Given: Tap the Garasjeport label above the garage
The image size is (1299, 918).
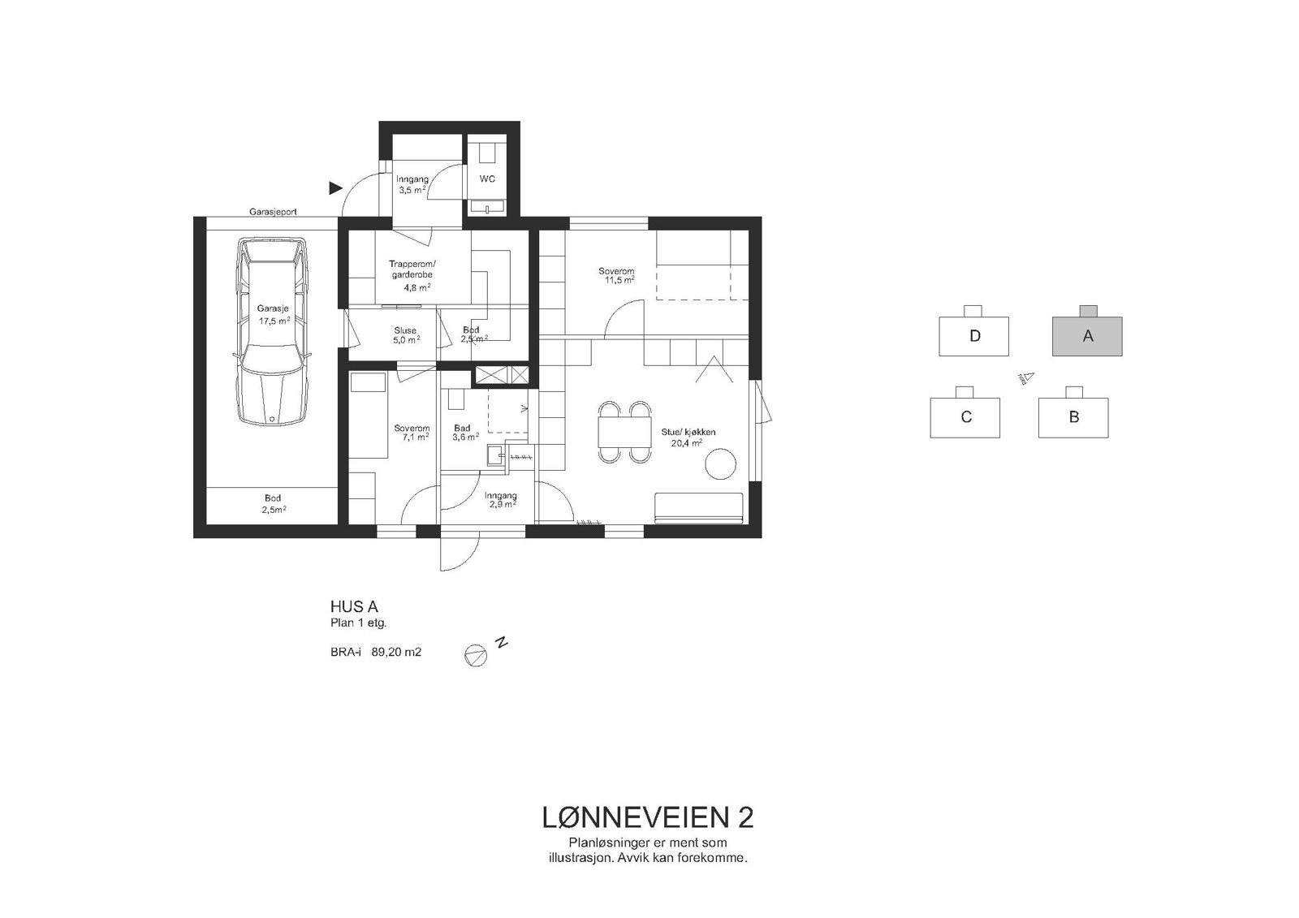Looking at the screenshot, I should (273, 211).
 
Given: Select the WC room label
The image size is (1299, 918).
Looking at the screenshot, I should (487, 179).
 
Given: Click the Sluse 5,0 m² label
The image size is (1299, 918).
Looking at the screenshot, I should (405, 335).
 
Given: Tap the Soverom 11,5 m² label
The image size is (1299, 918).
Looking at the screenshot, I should (616, 276).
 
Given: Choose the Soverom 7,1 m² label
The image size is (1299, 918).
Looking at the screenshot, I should (412, 433).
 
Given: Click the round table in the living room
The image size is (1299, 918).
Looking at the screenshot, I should (720, 465).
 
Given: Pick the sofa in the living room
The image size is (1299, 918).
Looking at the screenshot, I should (698, 507).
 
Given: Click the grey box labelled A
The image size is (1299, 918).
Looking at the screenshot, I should (1087, 336).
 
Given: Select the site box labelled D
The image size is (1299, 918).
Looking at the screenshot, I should (974, 336).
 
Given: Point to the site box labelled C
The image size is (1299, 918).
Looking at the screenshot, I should (965, 417).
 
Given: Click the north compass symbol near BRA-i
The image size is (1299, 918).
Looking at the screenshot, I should (476, 654).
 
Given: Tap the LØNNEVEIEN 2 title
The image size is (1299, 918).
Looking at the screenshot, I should (647, 817).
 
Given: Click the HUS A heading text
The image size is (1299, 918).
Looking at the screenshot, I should (354, 606).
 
